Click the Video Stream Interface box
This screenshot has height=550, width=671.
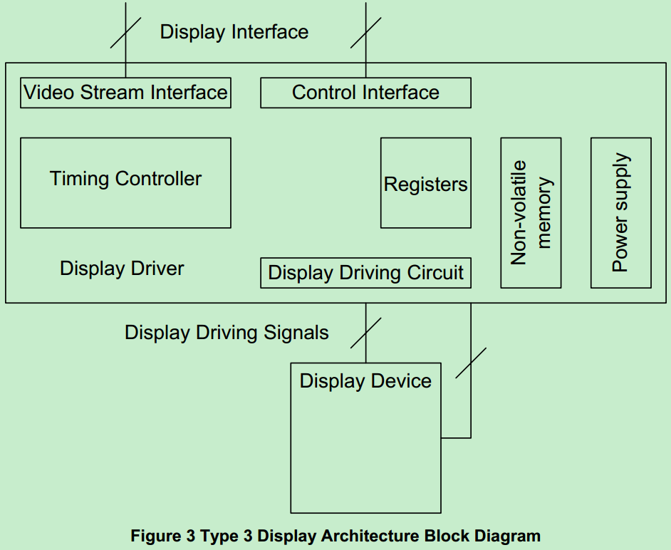tap(125, 93)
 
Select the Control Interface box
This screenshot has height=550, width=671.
tap(365, 93)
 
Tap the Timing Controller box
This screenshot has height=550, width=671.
tap(125, 182)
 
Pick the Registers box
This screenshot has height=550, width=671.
tap(425, 183)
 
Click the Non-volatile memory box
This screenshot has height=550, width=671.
tap(531, 213)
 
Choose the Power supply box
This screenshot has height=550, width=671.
tap(620, 213)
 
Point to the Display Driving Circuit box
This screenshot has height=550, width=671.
tap(365, 273)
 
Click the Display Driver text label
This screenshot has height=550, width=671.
tap(122, 269)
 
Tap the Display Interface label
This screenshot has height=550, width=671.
tap(234, 32)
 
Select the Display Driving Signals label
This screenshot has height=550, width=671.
tap(227, 333)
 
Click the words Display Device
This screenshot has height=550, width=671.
tap(365, 381)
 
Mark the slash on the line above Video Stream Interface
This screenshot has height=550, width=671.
tap(125, 33)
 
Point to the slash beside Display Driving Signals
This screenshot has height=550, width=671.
tap(366, 333)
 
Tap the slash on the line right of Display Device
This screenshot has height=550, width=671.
tap(471, 363)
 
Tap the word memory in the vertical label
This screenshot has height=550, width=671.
tap(544, 213)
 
